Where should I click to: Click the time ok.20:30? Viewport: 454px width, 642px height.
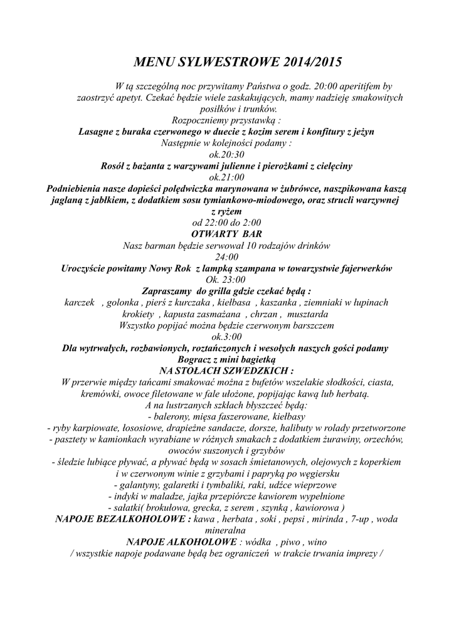coord(226,154)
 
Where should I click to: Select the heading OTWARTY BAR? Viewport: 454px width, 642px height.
coord(226,233)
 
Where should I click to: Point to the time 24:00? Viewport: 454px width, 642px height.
coord(226,256)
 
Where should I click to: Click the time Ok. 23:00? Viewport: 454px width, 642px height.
coord(226,280)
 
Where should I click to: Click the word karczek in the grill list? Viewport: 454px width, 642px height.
coord(80,302)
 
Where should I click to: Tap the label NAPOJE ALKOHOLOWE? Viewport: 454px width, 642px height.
coord(181,542)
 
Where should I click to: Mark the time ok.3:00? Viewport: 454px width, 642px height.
coord(226,336)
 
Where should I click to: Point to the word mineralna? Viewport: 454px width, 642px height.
coord(226,530)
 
